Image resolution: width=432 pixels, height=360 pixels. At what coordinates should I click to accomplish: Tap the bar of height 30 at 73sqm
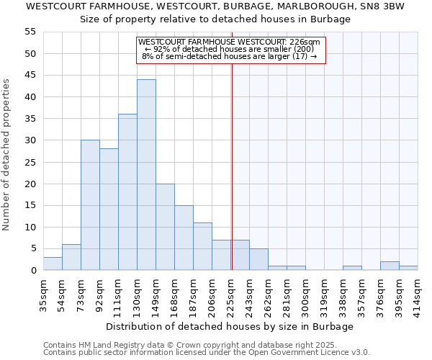90,205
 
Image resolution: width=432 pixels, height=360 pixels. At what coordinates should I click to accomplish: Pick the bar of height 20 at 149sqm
165,227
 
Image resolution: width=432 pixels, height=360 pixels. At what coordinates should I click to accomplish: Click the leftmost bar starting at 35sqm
53,264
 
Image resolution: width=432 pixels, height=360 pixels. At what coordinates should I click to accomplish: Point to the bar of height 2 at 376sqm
390,266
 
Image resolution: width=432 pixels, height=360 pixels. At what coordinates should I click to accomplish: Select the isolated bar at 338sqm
352,268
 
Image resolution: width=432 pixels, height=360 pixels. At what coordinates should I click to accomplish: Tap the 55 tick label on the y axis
30,32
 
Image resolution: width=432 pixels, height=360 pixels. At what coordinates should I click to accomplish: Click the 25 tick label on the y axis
30,162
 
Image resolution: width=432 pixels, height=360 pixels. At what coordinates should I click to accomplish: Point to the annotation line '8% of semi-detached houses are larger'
229,56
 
